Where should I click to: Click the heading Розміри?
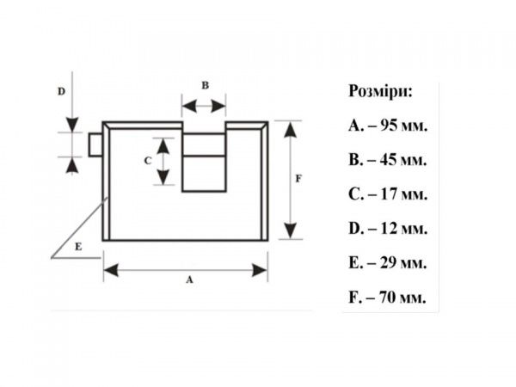pyautogui.click(x=380, y=92)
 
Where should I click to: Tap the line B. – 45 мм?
pyautogui.click(x=388, y=160)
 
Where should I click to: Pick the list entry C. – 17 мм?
pyautogui.click(x=388, y=194)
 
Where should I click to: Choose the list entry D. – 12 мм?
pyautogui.click(x=388, y=229)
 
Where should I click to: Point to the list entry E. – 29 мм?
pyautogui.click(x=388, y=263)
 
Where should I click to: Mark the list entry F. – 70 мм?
pyautogui.click(x=388, y=298)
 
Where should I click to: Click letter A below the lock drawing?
pyautogui.click(x=188, y=280)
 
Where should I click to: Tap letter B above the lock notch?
pyautogui.click(x=205, y=85)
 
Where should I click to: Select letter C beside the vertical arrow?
pyautogui.click(x=147, y=160)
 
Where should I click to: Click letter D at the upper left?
pyautogui.click(x=61, y=89)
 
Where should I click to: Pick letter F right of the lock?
pyautogui.click(x=298, y=179)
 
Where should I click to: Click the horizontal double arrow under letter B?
pyautogui.click(x=204, y=107)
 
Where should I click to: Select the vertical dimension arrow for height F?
pyautogui.click(x=290, y=180)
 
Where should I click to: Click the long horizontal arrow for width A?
pyautogui.click(x=186, y=270)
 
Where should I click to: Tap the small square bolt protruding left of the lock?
pyautogui.click(x=95, y=144)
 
